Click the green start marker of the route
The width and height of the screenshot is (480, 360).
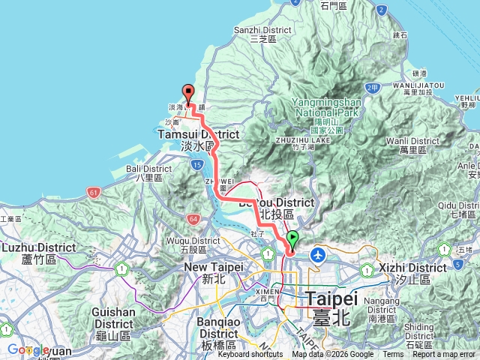pos(292,240)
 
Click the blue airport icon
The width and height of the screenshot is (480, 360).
pos(318,255)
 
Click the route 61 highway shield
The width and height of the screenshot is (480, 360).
pos(92,192)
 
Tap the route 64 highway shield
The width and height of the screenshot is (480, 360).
pos(193,218)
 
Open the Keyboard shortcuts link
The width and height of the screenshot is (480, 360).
pos(251,355)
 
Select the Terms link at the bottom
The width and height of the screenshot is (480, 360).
pos(392,355)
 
